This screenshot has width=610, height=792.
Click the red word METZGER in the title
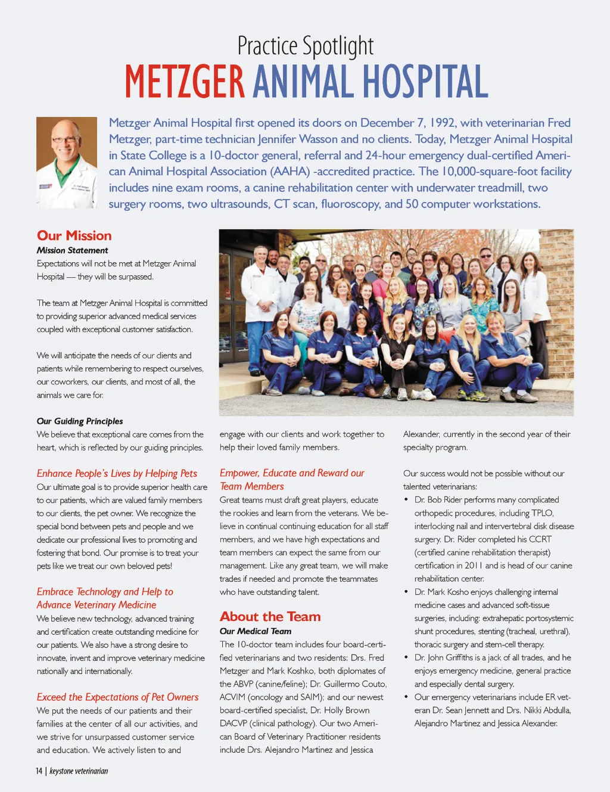185,82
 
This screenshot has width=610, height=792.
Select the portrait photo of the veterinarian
67,162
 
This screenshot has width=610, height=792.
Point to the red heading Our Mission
74,235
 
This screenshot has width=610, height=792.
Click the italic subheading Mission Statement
72,250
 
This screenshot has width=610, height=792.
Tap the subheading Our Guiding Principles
80,421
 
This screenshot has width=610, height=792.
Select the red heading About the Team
270,616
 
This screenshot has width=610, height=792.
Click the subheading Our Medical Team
256,631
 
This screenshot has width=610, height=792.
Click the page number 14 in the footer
39,771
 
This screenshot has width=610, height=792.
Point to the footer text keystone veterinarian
79,771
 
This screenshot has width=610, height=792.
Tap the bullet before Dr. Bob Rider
406,500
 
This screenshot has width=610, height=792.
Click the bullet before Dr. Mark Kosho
406,592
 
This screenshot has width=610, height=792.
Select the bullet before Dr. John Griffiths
406,658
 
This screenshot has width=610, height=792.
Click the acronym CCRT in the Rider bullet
540,539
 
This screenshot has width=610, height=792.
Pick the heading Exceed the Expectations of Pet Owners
117,697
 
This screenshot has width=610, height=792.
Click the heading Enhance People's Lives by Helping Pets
117,473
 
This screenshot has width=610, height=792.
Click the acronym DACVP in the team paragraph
232,723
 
